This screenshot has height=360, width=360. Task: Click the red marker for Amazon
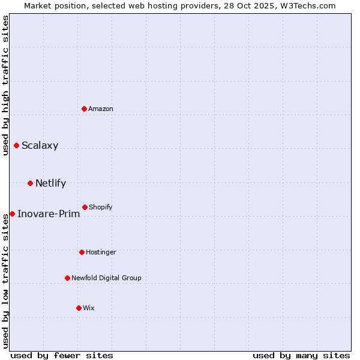[x=85, y=109]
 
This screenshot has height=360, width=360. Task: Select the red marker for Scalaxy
[x=17, y=145]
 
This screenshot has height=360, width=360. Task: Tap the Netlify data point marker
[x=30, y=183]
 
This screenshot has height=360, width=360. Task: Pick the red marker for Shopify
[x=85, y=207]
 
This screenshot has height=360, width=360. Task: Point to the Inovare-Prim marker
[x=12, y=214]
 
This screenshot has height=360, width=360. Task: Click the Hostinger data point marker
[x=82, y=252]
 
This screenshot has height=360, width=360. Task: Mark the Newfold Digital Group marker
[x=67, y=278]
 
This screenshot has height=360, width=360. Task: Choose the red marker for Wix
[x=79, y=308]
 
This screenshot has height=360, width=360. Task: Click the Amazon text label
[x=101, y=109]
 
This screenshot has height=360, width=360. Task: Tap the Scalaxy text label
[x=40, y=146]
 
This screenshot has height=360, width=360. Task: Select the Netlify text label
[x=51, y=184]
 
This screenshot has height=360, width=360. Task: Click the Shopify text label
[x=101, y=207]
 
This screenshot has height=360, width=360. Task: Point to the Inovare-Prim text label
[x=49, y=214]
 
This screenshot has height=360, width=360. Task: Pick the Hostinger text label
[x=101, y=252]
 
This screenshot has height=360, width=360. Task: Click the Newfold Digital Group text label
[x=107, y=278]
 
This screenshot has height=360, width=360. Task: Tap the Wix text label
[x=89, y=308]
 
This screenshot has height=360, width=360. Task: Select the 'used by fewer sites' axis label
[x=62, y=355]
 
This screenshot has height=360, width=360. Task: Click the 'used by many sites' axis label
[x=301, y=355]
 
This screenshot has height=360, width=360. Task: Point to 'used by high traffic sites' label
[x=5, y=85]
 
